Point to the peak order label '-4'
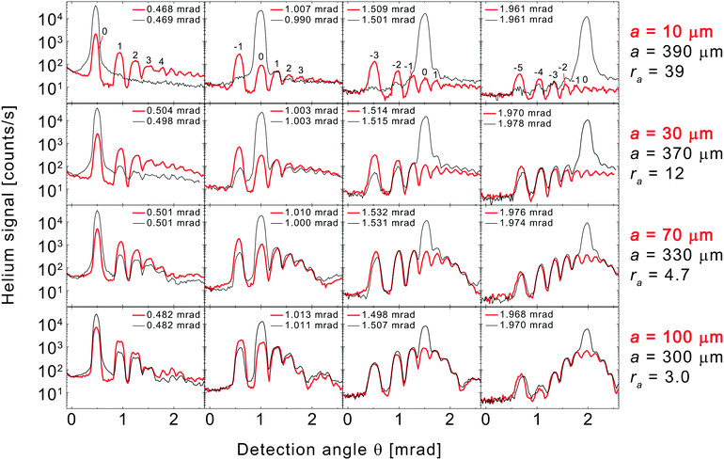coord(538,71)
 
